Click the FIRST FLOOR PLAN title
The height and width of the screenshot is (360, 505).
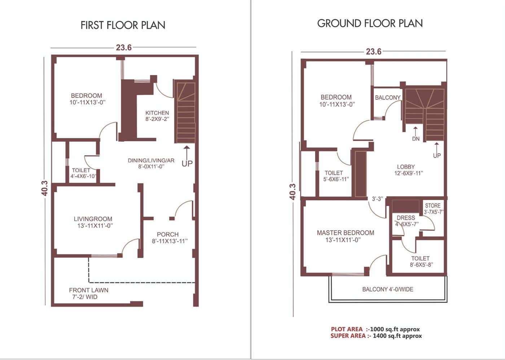pos(123,25)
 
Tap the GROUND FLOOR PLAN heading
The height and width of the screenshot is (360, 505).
pos(370,23)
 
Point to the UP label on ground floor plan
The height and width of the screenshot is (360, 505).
pos(437,156)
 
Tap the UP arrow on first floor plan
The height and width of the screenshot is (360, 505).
pos(186,151)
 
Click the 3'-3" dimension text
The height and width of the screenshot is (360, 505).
pos(377,199)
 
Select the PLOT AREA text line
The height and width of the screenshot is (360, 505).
pos(375,329)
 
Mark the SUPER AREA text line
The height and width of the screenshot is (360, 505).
pos(376,336)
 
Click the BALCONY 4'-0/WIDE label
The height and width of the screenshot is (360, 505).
pos(388,289)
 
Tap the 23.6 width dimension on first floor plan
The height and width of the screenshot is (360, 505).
pos(124,48)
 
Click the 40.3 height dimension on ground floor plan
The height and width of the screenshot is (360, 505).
pos(293,192)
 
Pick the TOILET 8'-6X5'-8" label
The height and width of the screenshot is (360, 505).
pos(421,261)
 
